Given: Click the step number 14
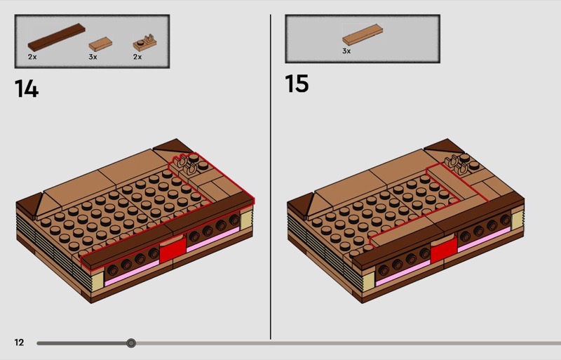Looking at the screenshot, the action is click(27, 88).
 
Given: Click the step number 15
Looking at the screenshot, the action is click(297, 84).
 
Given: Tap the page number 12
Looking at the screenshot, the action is click(19, 342).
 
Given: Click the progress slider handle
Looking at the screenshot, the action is click(131, 343).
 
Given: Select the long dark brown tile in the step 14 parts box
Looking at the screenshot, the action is click(57, 37).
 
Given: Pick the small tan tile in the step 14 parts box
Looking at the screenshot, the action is click(100, 44).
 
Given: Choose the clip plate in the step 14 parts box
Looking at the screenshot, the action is click(144, 43).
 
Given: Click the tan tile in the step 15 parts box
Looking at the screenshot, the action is click(363, 35).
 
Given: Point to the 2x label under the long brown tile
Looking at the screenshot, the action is click(32, 57).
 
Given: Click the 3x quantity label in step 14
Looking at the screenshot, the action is click(93, 57).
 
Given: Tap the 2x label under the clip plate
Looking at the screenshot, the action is click(137, 57).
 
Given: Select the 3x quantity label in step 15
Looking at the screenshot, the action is click(346, 51).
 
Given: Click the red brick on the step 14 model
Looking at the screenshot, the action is click(173, 250).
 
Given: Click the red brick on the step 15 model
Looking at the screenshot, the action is click(444, 250).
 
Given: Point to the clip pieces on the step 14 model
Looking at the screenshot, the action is click(186, 164).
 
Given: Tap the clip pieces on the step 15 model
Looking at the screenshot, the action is click(457, 164).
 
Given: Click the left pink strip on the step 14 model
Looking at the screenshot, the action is click(132, 273).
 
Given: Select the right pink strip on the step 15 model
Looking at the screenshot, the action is click(484, 239).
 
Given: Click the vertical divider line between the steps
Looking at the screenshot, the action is click(271, 177).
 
